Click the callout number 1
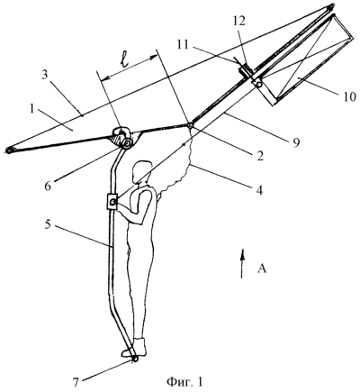[x=32, y=111]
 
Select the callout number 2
[x=259, y=156]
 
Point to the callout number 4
[x=259, y=189]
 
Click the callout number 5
[x=49, y=225]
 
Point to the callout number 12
[x=239, y=21]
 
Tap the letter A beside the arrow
[x=262, y=269]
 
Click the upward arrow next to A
[x=242, y=263]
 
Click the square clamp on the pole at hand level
[x=112, y=202]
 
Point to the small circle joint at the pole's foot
[x=134, y=359]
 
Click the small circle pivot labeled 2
[x=190, y=125]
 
